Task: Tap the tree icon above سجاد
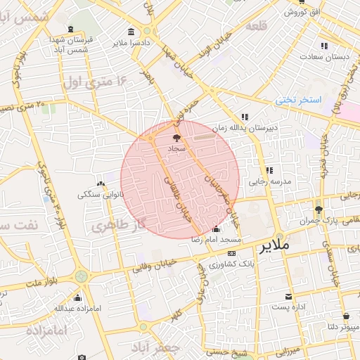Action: coord(176,139)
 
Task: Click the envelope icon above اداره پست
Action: coord(288,296)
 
